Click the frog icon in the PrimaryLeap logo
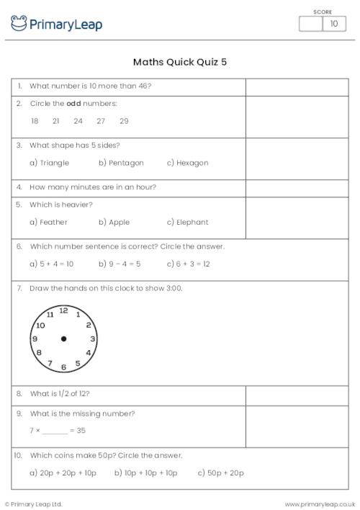[19, 24]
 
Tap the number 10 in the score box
[333, 24]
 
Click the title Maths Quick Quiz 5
[180, 62]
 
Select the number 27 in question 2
[101, 121]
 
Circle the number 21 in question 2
[56, 121]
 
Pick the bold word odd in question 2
[73, 104]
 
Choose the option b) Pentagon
[121, 163]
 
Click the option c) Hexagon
[187, 163]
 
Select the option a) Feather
[49, 222]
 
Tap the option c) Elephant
[187, 222]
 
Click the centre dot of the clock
[64, 339]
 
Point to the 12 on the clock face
[64, 310]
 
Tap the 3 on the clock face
[92, 339]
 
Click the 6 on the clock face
[64, 367]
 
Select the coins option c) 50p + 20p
[221, 473]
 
